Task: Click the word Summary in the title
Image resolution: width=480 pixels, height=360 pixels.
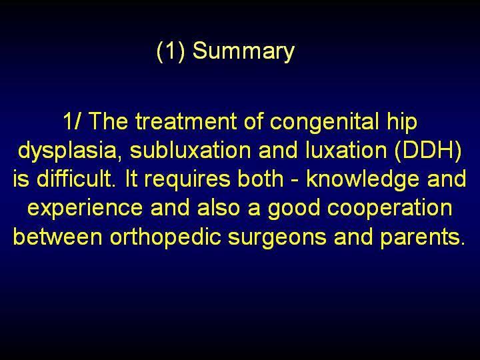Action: pos(243,51)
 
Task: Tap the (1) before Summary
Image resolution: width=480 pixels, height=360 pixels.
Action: pos(171,51)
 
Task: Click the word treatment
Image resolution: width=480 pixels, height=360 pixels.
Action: pos(186,121)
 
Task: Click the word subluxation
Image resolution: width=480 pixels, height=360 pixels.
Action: pos(190,150)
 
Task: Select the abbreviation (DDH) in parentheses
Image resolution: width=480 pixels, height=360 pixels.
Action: pos(428,150)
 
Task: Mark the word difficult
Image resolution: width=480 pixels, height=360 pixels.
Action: pos(75,179)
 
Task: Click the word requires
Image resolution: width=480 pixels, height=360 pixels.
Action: pos(187,180)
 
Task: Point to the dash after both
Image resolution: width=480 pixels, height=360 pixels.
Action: pos(295,181)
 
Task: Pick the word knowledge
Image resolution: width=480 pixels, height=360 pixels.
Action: pos(363,180)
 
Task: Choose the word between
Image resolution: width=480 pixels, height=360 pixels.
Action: pos(57,236)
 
